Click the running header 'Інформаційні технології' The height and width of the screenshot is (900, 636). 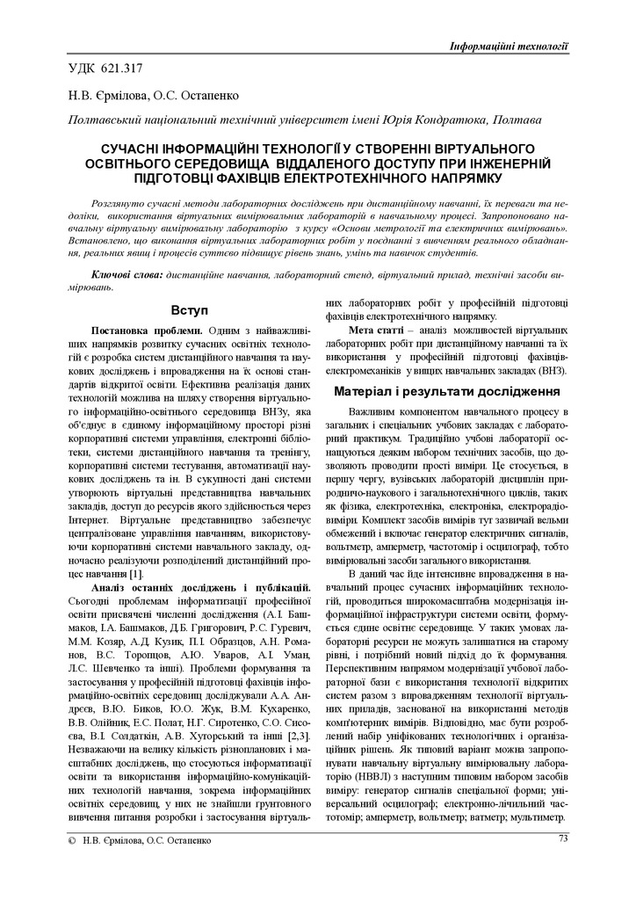click(508, 46)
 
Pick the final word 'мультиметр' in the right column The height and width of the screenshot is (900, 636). click(535, 817)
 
